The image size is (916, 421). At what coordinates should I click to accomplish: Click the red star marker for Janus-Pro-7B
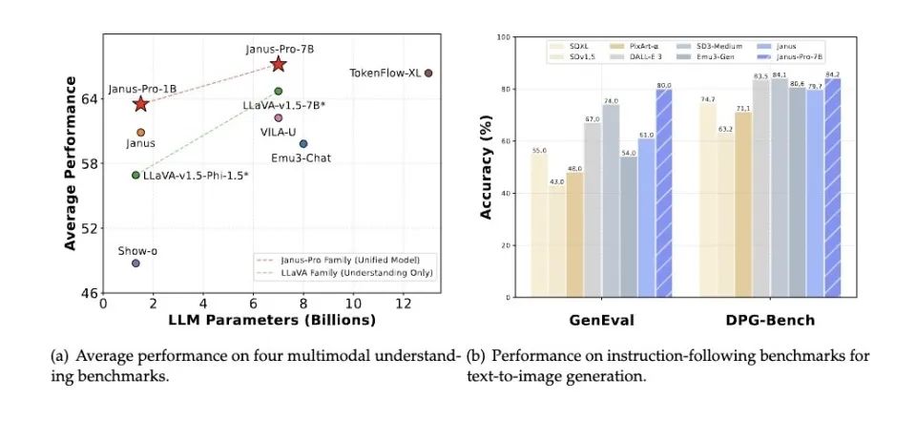(x=278, y=64)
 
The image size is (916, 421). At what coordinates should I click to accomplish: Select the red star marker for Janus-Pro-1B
(x=141, y=103)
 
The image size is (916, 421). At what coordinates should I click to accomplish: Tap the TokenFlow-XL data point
(x=428, y=73)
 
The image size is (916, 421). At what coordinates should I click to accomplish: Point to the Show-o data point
(x=135, y=263)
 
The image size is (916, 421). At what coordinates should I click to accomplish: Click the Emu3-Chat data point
(x=303, y=144)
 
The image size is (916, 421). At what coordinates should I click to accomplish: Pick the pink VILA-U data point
(x=279, y=117)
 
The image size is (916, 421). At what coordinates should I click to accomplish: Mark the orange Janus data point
(x=140, y=133)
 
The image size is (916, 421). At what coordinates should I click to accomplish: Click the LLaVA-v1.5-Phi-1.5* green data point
(x=135, y=175)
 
